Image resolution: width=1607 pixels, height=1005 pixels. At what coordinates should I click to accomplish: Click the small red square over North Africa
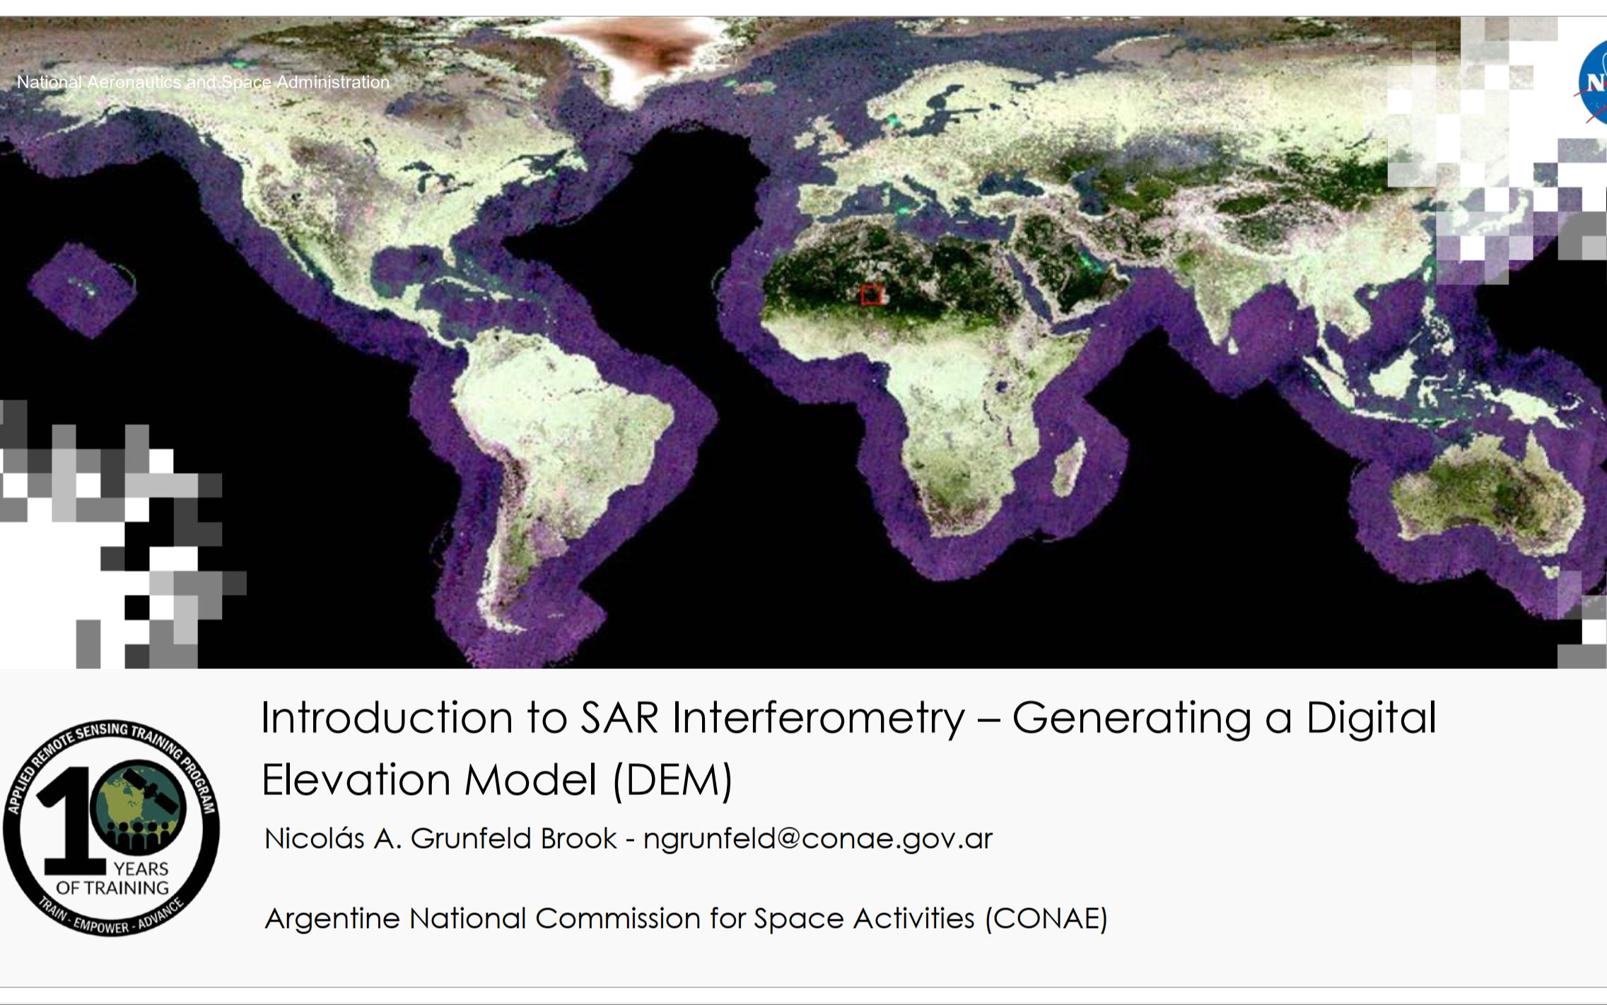click(x=872, y=295)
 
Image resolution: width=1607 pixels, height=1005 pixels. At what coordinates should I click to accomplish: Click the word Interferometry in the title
click(x=818, y=719)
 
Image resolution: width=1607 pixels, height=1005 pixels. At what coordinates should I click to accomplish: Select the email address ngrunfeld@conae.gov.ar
click(x=818, y=839)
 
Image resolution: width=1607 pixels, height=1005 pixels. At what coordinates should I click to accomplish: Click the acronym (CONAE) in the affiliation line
click(x=1046, y=919)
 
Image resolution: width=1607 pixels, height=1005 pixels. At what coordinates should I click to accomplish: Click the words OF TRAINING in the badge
click(x=112, y=888)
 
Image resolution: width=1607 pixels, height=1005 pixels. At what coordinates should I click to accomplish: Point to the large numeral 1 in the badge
click(x=71, y=821)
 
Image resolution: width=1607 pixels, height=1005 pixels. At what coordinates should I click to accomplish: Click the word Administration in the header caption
click(x=333, y=82)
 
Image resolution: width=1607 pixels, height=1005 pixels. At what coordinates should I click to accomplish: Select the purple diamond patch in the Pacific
click(x=82, y=290)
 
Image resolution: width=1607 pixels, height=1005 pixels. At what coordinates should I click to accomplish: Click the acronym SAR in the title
click(x=619, y=718)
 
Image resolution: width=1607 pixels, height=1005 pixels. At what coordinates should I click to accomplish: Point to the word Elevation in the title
click(x=356, y=780)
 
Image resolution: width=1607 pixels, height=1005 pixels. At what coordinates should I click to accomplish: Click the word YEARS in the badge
click(x=141, y=869)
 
